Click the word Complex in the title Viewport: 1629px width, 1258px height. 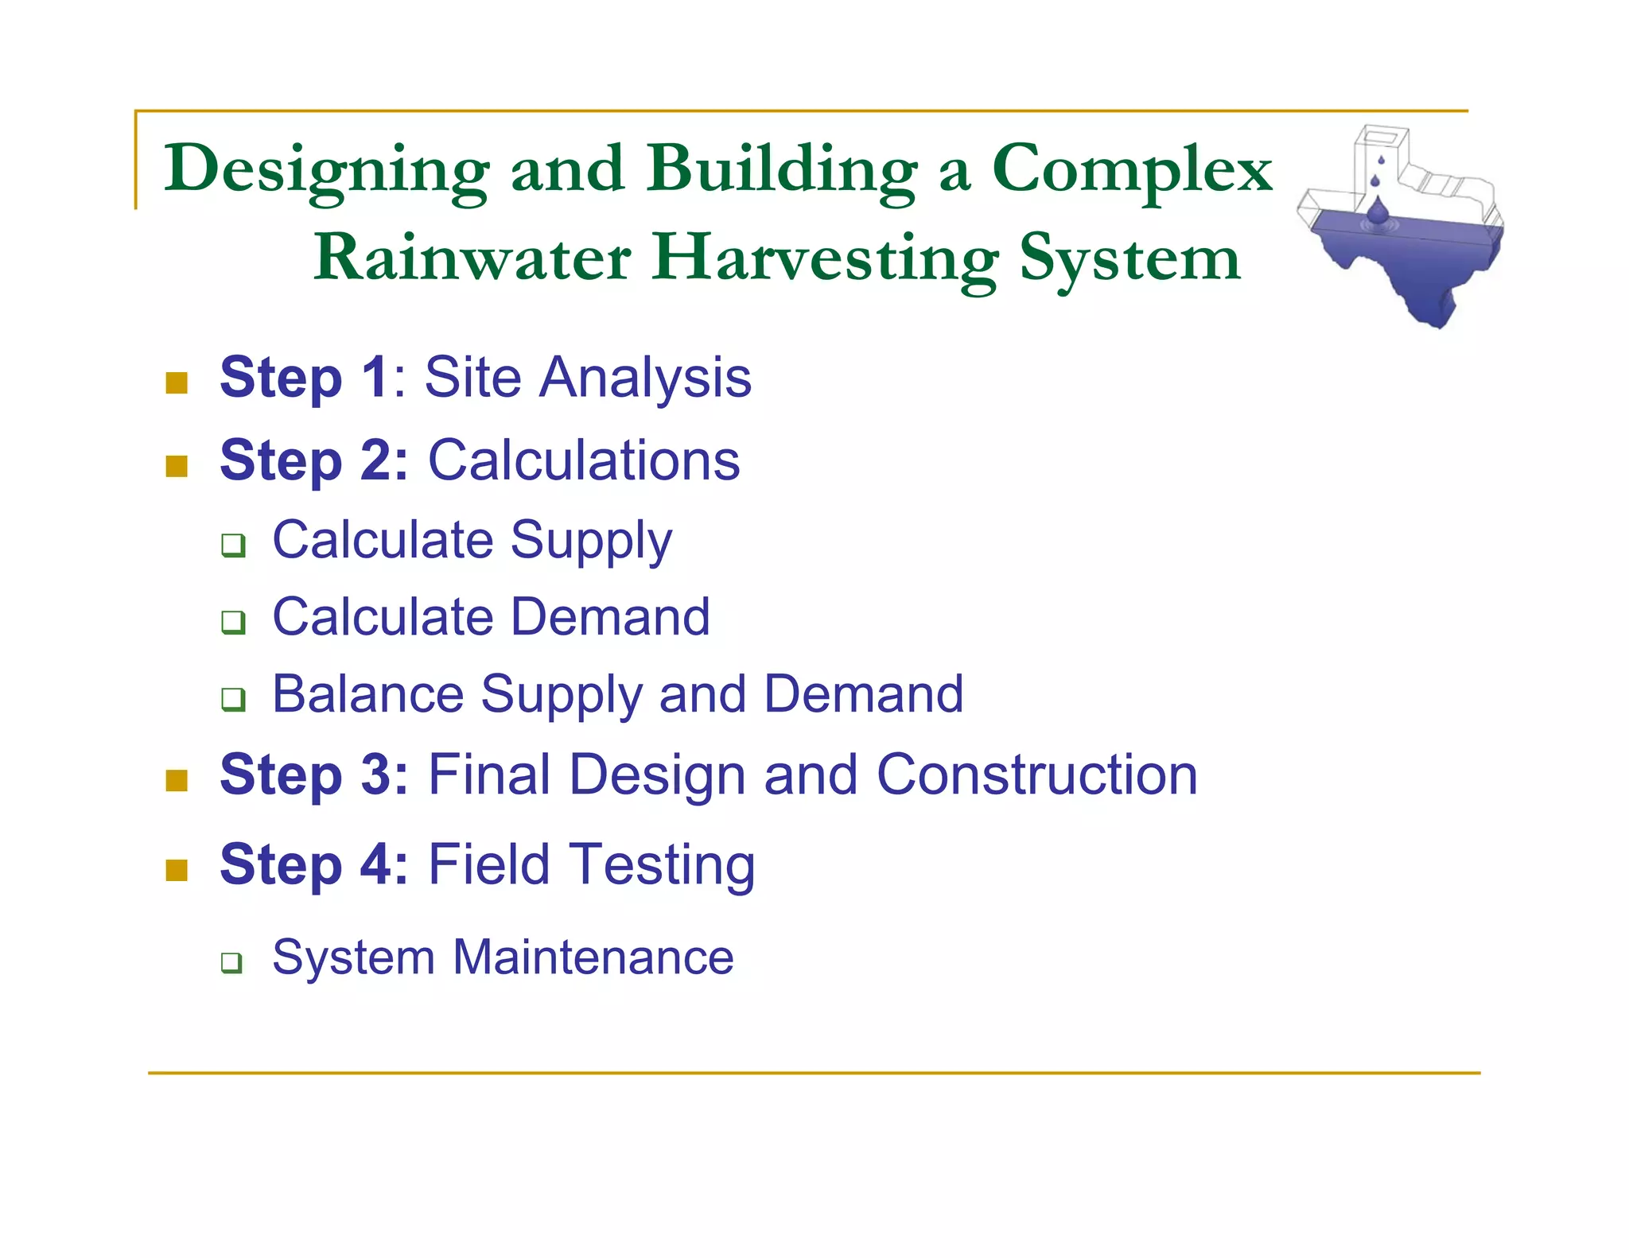1131,169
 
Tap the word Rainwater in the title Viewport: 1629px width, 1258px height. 472,258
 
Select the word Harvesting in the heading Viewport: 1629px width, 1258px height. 825,258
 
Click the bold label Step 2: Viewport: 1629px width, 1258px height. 314,460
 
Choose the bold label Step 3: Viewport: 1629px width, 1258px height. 314,775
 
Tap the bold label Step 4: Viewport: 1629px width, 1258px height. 314,864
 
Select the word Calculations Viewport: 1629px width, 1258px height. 584,460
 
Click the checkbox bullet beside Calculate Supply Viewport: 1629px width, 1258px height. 233,546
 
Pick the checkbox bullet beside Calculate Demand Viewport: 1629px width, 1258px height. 233,622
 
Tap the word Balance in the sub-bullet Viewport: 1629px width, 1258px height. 367,694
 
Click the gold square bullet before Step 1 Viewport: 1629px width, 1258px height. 177,382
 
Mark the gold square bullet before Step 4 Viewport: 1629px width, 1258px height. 177,870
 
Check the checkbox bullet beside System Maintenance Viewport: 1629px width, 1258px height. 231,963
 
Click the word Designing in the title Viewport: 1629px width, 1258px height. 327,169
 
